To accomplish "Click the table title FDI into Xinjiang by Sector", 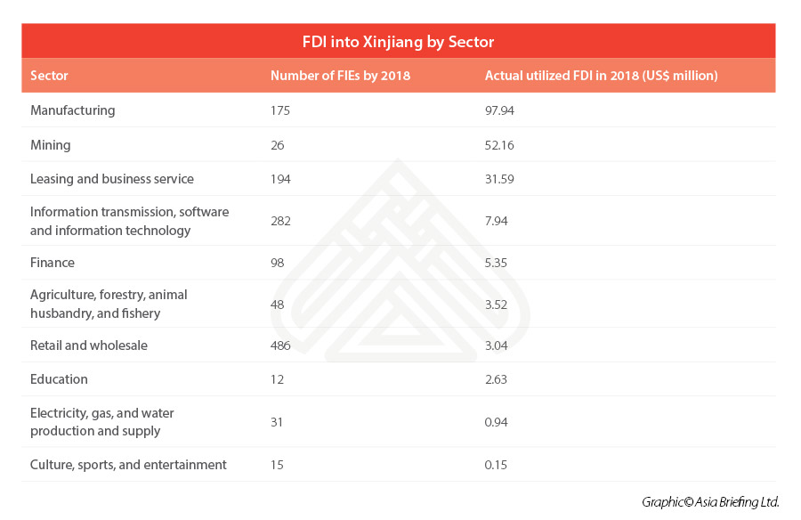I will tap(398, 42).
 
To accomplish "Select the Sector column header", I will tap(49, 76).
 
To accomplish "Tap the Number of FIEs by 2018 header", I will tap(340, 76).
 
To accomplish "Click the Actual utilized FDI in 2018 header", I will tap(601, 76).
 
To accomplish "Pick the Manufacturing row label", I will tap(73, 110).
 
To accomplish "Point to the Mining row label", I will tap(51, 144).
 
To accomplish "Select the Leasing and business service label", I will tap(112, 179).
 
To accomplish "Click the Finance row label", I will tap(53, 263).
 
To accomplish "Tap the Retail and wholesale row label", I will tap(89, 345).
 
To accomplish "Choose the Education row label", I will tap(59, 379).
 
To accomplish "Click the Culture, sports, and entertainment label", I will tap(128, 465).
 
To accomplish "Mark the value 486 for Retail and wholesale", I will tap(281, 345).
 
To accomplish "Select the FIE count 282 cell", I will tap(281, 221).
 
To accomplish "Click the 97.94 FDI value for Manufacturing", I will tap(500, 110).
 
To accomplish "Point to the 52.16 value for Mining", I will tap(500, 144).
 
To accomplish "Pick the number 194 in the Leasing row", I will tap(281, 179).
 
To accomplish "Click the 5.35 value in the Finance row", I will tap(498, 263).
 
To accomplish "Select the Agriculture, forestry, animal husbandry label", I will tap(109, 304).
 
